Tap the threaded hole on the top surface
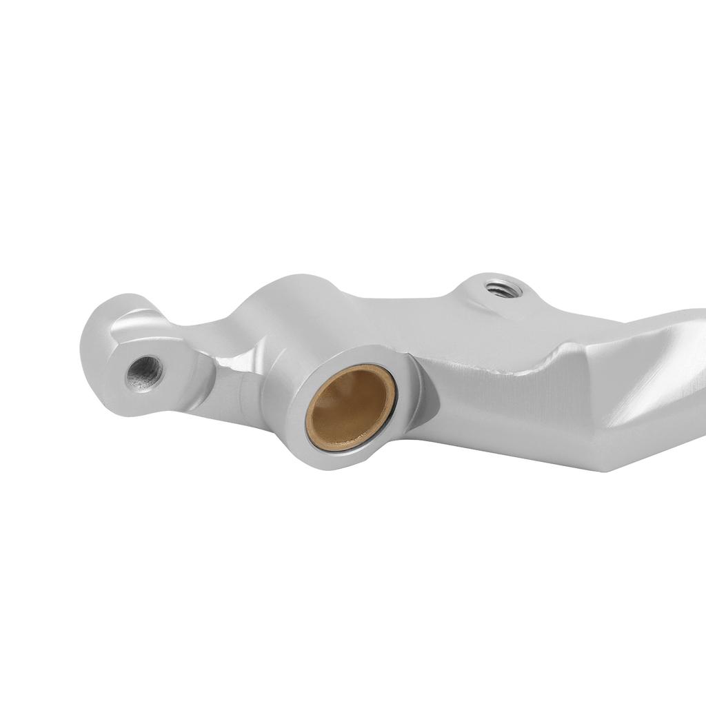click(x=503, y=288)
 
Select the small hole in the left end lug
click(x=145, y=373)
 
